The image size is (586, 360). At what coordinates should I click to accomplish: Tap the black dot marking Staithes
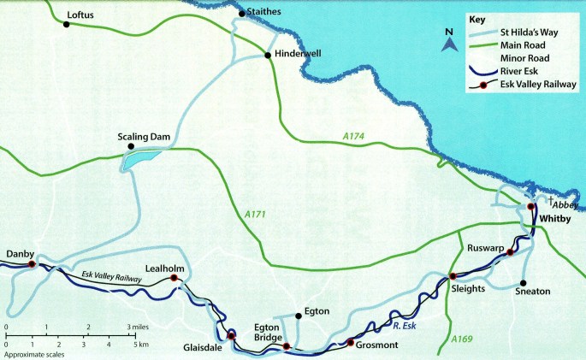[241, 13]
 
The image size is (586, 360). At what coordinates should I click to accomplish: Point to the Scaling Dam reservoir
[139, 159]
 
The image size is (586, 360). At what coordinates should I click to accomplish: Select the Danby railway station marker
[32, 265]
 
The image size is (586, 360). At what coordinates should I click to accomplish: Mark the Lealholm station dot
[174, 278]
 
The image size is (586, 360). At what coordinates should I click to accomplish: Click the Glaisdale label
[203, 348]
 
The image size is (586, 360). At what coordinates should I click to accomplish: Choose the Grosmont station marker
[350, 343]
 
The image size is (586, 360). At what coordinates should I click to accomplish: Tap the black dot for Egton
[296, 314]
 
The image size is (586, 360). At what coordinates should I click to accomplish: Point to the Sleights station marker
[453, 276]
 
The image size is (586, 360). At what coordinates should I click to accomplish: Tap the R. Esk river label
[400, 324]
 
